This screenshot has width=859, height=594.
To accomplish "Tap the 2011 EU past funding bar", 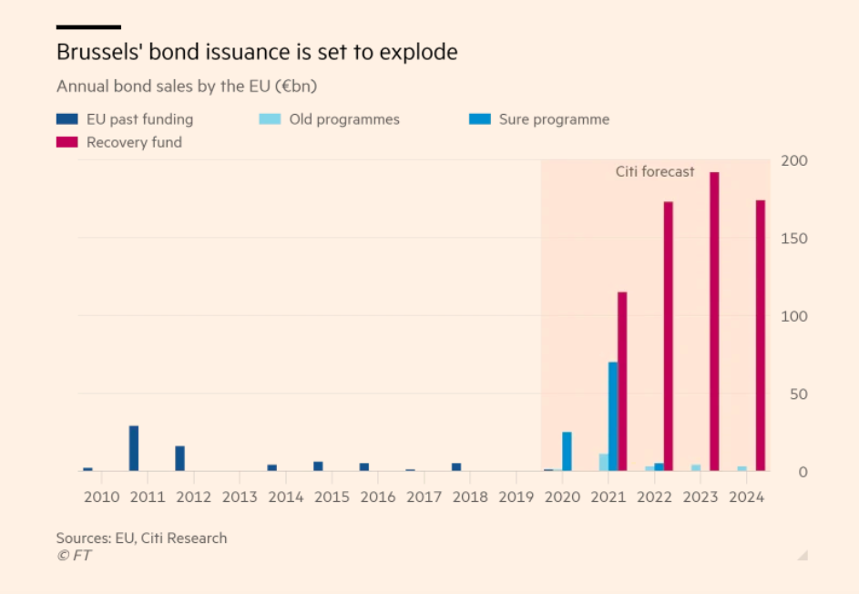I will coord(134,448).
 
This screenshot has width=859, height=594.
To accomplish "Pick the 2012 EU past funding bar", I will coord(179,458).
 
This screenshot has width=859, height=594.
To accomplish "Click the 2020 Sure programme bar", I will coord(567,451).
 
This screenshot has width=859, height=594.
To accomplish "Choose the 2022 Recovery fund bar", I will coord(668,336).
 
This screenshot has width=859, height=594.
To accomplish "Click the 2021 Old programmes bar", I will coord(603,462).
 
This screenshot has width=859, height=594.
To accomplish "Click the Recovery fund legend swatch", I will coord(67,142).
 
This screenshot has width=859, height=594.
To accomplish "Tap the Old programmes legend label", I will coord(344,119).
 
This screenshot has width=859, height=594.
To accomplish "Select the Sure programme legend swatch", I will coord(480,119).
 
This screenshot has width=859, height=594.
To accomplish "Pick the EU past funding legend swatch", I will coord(67,119).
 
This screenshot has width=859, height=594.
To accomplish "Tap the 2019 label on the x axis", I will coord(516,497).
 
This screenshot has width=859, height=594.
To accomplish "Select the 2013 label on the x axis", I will coord(240,497).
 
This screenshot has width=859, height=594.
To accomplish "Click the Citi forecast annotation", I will coord(654,171).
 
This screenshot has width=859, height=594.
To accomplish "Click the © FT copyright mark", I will coord(74,555).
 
